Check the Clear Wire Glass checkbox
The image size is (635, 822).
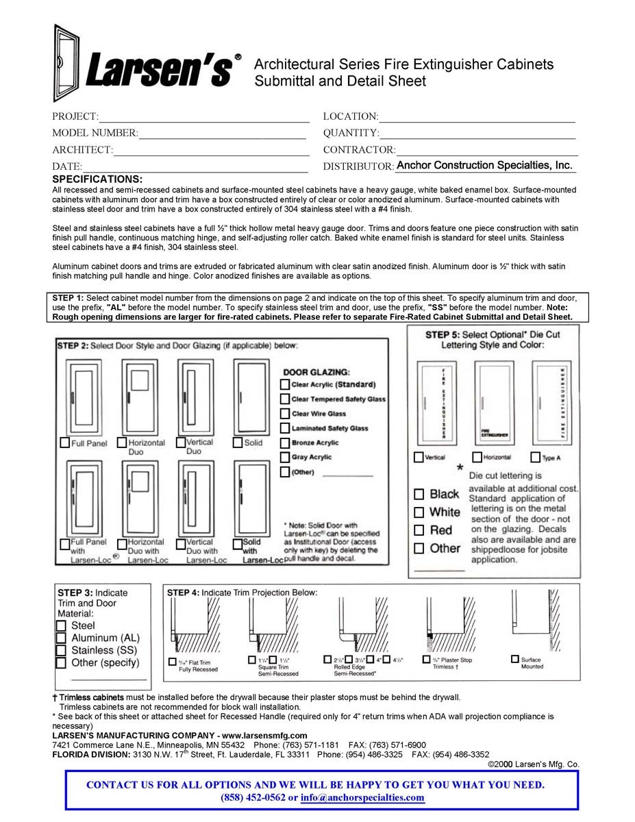pos(285,414)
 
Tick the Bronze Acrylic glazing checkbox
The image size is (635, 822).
pos(285,443)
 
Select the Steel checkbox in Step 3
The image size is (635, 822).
pos(61,625)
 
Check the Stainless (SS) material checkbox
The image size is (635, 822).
pos(61,650)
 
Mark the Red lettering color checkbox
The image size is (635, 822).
pos(419,530)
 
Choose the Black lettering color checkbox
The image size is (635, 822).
pos(419,494)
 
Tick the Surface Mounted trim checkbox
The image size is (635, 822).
pos(515,659)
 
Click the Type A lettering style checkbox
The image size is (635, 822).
pos(536,457)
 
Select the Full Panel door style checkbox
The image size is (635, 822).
pos(65,443)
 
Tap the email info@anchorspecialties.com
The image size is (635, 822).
pos(362,797)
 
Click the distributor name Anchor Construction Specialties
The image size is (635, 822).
pos(484,165)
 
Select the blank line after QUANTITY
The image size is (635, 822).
pos(477,134)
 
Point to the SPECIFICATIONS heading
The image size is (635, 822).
pos(97,179)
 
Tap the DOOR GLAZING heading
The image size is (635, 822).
pos(316,372)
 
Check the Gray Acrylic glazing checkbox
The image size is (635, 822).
pos(285,457)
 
